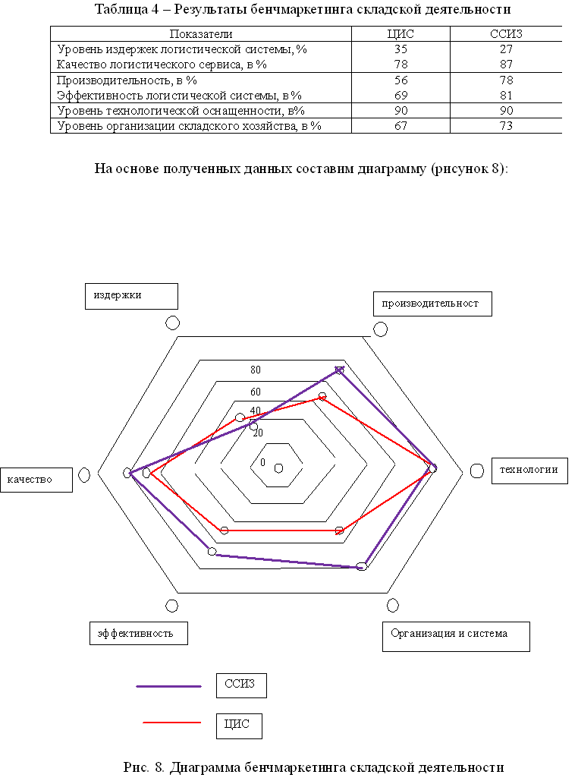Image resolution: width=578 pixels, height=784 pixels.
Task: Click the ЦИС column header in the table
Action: (x=400, y=34)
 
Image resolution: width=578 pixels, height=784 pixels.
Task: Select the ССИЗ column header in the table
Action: (x=506, y=34)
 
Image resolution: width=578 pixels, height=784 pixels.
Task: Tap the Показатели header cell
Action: (x=200, y=34)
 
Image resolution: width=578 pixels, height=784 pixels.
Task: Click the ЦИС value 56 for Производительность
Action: (x=400, y=80)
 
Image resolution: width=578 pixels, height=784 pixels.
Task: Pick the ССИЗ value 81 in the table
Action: (x=506, y=96)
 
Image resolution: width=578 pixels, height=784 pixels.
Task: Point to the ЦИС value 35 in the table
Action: (x=400, y=50)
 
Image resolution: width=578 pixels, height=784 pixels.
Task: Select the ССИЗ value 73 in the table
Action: (x=506, y=126)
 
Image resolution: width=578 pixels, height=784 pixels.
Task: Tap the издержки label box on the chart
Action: (x=130, y=296)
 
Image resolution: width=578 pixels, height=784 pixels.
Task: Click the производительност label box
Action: (x=432, y=304)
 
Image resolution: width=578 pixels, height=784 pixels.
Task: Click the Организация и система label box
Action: (x=455, y=637)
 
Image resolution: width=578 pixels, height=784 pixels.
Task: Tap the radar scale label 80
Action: (x=256, y=370)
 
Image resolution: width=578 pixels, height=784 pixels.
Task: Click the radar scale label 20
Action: (x=258, y=433)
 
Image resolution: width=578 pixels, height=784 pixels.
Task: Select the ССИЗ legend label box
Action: (x=240, y=685)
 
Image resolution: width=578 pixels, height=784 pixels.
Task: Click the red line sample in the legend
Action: (x=171, y=723)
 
